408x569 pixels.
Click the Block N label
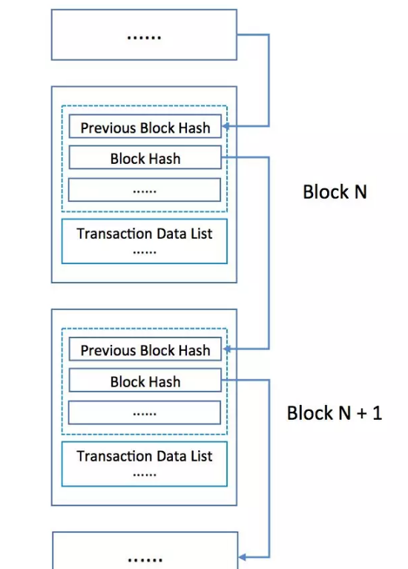coord(335,191)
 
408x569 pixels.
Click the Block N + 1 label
coord(335,413)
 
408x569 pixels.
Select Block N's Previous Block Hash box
coord(145,126)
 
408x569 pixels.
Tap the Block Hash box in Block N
coord(145,157)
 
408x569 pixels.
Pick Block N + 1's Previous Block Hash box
coord(145,349)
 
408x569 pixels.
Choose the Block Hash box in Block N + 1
coord(145,381)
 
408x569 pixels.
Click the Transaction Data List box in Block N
coord(145,241)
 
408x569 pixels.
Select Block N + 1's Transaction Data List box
coord(145,464)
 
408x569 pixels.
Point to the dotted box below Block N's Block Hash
coord(145,189)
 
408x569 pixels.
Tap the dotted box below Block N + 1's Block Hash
coord(145,412)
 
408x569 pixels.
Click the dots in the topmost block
coord(144,37)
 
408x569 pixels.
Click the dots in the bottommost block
coord(145,560)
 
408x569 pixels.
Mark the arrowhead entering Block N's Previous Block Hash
coord(226,126)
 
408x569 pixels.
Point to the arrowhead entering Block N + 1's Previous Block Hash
coord(227,349)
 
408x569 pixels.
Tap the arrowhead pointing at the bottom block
coord(243,557)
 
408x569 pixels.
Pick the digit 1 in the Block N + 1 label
coord(378,413)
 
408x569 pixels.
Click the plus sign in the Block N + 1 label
coord(362,414)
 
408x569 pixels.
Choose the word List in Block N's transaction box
coord(202,234)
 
